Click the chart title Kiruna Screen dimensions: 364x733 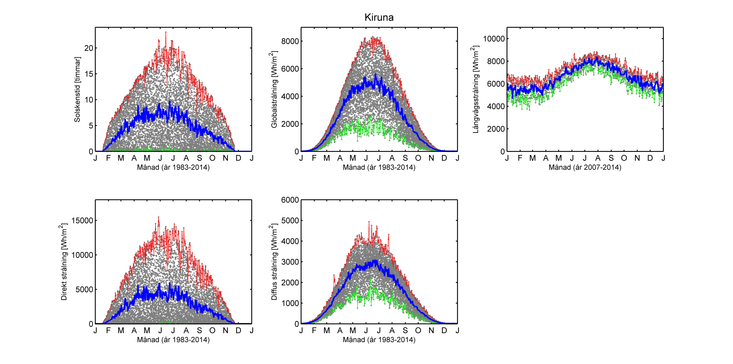[379, 17]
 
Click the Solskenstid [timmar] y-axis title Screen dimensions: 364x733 [77, 90]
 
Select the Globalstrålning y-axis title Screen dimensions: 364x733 [274, 90]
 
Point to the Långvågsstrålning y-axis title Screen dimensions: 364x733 [475, 90]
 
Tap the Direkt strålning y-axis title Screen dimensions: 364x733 [64, 262]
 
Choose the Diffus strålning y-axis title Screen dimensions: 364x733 [274, 262]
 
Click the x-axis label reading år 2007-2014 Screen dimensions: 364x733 [585, 167]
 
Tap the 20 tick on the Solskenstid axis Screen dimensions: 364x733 [89, 48]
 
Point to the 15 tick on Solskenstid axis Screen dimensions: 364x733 [89, 74]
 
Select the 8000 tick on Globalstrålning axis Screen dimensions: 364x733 [290, 41]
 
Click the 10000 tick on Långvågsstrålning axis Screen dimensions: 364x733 [494, 39]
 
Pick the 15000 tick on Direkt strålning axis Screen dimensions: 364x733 [82, 220]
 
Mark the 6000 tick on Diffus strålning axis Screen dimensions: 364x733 [290, 200]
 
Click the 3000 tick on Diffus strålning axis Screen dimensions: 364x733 [290, 262]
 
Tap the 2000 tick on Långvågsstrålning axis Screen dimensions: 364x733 [496, 129]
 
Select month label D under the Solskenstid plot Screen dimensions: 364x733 [239, 158]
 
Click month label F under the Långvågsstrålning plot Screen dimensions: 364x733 [520, 158]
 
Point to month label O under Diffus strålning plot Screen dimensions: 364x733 [418, 330]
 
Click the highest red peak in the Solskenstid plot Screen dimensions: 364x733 [166, 33]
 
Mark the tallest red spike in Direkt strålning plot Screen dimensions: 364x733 [159, 217]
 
